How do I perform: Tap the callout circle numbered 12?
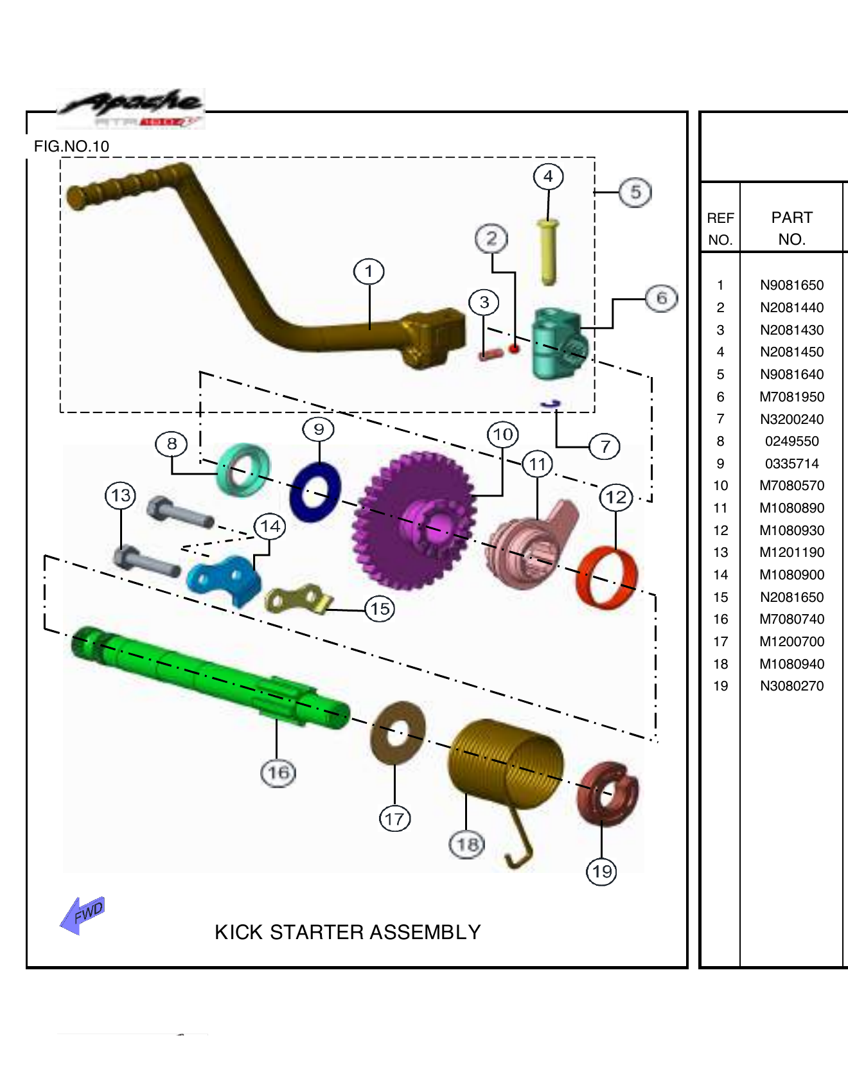point(615,497)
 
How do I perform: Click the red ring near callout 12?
point(607,577)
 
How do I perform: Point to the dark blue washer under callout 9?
point(315,492)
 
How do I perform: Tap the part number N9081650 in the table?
point(791,285)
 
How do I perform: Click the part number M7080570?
point(791,486)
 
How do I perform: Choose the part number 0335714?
point(791,464)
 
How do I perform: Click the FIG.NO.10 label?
point(71,146)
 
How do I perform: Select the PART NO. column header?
point(791,228)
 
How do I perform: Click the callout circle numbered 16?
point(278,773)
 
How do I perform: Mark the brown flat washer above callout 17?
point(398,733)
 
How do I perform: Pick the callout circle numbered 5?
point(635,192)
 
